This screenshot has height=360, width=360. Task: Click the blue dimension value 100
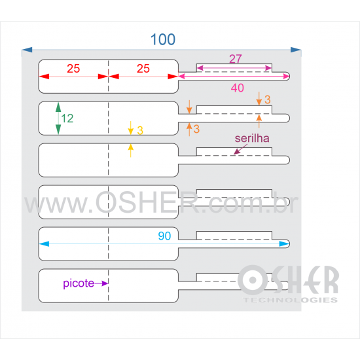coord(163,39)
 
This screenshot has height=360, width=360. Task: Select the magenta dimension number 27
coord(236,59)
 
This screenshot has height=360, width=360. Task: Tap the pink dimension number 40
coord(238,88)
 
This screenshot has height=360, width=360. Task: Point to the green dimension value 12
coord(67,118)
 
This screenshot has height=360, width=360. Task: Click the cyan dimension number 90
coord(164,236)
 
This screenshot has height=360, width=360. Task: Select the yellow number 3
coord(140,130)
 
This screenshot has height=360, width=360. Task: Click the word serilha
coord(252,139)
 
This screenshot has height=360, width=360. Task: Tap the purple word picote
coord(79,283)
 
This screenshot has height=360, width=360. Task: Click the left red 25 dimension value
coord(73,69)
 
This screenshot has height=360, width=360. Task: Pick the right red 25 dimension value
coord(143,69)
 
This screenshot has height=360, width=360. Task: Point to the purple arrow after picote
coord(101,283)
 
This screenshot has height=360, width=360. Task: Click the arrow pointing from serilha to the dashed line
coord(240,149)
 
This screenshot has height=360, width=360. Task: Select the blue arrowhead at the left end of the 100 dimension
coord(27,50)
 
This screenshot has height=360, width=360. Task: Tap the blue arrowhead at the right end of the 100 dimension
coord(296,50)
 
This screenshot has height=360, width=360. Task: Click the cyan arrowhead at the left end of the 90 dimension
coord(44,244)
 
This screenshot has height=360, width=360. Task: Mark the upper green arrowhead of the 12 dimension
coord(58,107)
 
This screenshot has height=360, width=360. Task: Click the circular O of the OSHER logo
coord(253,280)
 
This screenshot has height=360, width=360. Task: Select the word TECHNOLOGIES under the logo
coord(291,300)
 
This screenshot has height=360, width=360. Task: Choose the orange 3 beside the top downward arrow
coord(268,99)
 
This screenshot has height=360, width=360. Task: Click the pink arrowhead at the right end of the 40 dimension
coord(286,76)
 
